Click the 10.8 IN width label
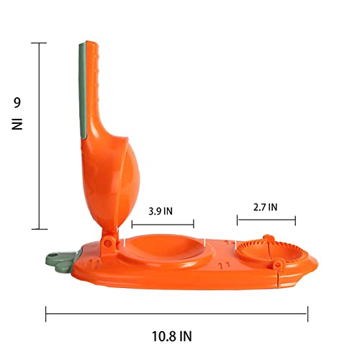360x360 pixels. (172, 336)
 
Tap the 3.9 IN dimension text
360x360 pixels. (161, 211)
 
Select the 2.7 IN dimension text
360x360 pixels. (265, 207)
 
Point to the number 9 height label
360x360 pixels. (17, 103)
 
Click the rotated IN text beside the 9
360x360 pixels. (17, 124)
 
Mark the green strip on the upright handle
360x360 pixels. (82, 90)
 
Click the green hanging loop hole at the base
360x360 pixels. (55, 255)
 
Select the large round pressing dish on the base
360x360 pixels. (165, 249)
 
